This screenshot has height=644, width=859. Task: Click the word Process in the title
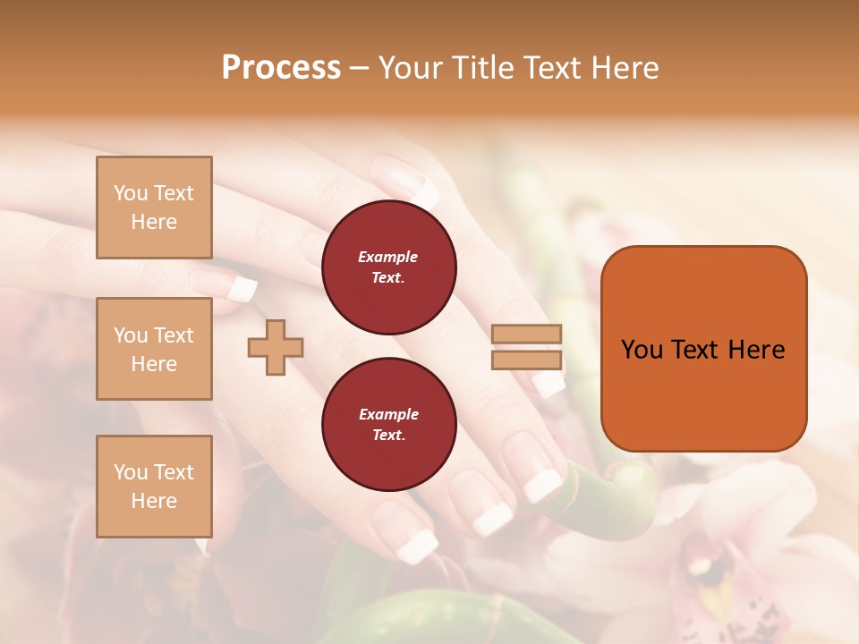click(x=281, y=68)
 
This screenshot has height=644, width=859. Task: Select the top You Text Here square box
click(x=154, y=208)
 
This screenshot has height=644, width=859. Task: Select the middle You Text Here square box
click(x=154, y=349)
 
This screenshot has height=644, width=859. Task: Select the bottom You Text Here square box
click(x=154, y=487)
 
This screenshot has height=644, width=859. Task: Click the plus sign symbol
click(x=276, y=347)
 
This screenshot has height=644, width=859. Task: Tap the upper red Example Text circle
click(x=388, y=267)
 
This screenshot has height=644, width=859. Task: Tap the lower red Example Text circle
click(x=388, y=425)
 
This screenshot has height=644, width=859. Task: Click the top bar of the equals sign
click(x=527, y=335)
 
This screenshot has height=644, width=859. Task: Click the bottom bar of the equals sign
click(x=527, y=360)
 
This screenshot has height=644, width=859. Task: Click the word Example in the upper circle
click(x=388, y=257)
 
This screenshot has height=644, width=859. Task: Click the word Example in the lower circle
click(x=388, y=414)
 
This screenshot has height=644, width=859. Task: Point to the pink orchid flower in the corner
click(x=716, y=572)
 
